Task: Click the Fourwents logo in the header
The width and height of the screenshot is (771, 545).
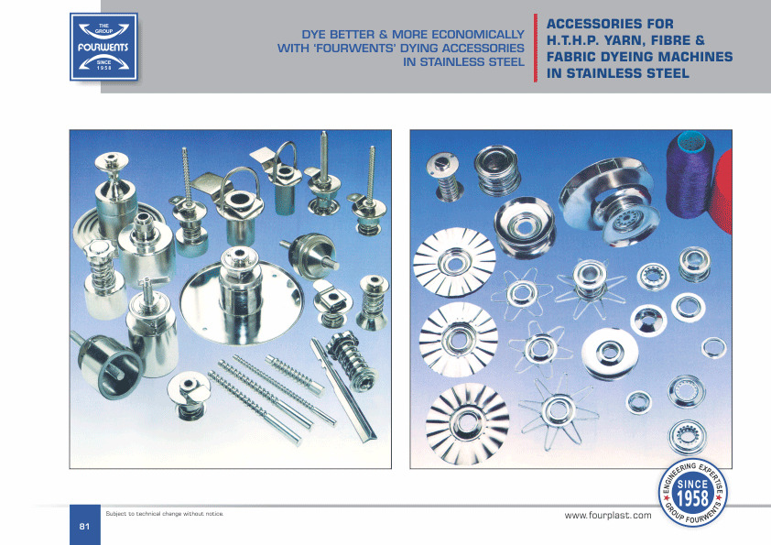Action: tap(103, 47)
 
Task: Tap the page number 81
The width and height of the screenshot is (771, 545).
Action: tap(84, 527)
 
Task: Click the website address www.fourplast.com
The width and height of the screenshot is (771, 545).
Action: tap(608, 516)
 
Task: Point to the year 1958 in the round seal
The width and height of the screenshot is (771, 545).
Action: tap(693, 498)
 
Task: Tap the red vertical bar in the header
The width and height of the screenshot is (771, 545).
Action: tap(536, 48)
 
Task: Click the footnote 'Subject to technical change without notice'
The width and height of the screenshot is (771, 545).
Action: tap(165, 514)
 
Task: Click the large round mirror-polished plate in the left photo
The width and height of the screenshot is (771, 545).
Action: tap(242, 302)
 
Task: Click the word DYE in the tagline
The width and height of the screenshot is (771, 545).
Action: tap(314, 35)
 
